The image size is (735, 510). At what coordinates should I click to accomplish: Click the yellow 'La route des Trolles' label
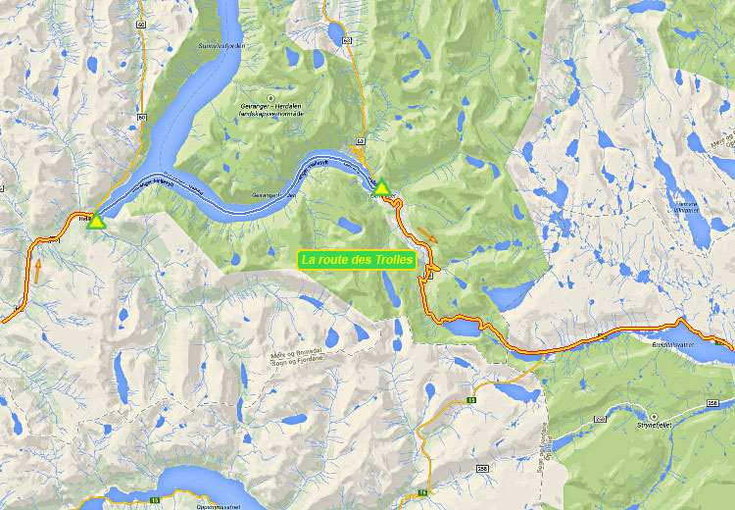tap(358, 260)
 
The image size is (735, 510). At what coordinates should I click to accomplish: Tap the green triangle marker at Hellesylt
tap(96, 222)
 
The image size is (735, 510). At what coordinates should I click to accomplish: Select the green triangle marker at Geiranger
tap(381, 185)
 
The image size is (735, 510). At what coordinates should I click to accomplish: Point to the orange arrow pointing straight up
tap(37, 270)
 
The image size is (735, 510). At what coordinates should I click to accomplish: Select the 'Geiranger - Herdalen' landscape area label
tap(271, 107)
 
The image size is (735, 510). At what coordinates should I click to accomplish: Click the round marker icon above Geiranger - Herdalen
tap(271, 96)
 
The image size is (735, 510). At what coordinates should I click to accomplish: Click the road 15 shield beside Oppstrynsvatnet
tap(156, 500)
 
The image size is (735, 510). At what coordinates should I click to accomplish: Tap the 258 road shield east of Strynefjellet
tap(712, 403)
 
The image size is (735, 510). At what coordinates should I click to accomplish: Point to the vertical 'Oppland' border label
tap(538, 452)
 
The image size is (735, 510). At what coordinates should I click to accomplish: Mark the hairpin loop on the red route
tap(424, 278)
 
